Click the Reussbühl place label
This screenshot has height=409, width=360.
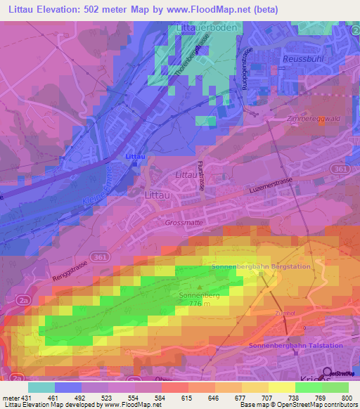(x=302, y=60)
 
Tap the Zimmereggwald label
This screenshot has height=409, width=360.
(x=314, y=119)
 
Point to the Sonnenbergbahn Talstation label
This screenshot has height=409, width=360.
(x=296, y=346)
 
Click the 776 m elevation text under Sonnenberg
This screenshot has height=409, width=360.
(x=191, y=304)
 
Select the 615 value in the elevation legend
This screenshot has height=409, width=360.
(x=174, y=398)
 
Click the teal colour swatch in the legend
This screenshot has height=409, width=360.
(x=41, y=387)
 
